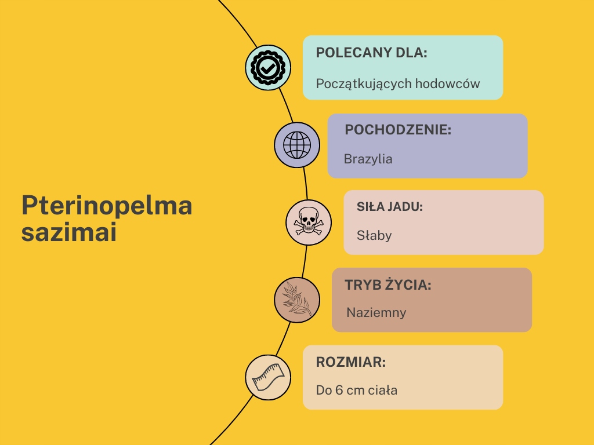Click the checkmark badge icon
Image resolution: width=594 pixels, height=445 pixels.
point(267,68)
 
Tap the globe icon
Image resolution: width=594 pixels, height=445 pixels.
point(297,145)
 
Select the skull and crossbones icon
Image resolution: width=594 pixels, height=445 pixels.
point(309,222)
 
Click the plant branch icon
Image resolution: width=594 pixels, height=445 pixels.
point(297,300)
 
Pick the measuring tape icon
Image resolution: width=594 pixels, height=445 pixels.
point(267,377)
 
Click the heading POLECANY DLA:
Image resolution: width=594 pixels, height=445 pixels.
point(371,53)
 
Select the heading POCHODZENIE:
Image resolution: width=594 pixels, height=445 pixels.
point(398,130)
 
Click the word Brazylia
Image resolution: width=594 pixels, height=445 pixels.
point(368,159)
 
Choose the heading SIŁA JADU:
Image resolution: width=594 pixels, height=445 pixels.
point(390,207)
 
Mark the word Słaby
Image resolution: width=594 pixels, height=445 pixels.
point(374,236)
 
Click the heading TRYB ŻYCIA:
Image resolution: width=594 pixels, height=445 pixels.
point(388,285)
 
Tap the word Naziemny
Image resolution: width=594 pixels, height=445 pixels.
point(376,313)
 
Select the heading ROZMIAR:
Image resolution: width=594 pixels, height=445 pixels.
point(351,363)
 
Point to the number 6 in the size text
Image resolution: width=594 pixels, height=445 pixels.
point(339,390)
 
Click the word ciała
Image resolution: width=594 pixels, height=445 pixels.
point(383,390)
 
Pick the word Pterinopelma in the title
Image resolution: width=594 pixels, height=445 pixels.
point(107,206)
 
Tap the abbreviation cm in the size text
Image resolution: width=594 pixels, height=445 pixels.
point(356,390)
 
